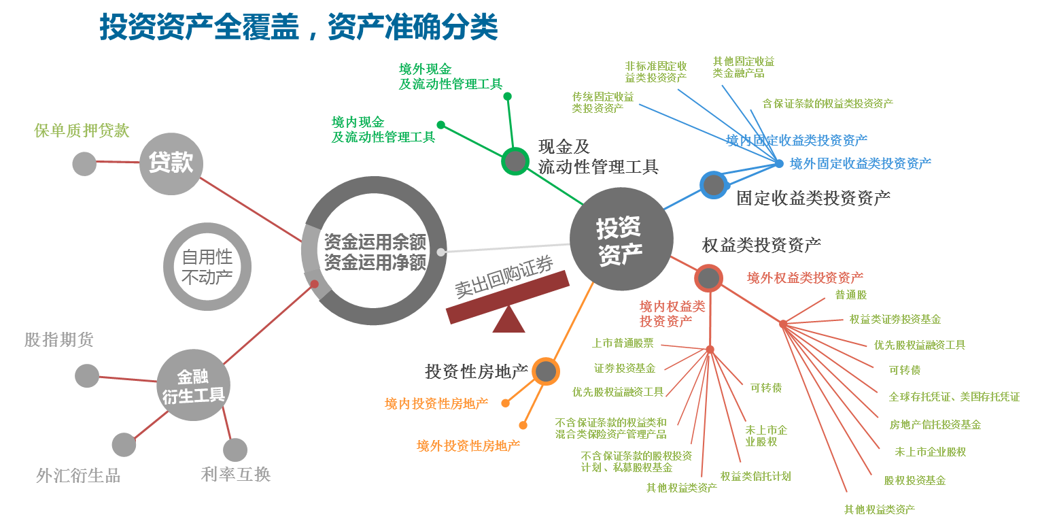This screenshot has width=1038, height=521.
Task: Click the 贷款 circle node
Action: point(171,163)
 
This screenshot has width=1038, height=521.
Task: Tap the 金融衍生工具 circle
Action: point(194,386)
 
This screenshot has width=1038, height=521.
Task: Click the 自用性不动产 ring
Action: point(207,267)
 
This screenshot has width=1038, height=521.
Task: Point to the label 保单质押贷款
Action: point(82,131)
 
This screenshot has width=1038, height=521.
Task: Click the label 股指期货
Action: point(59,339)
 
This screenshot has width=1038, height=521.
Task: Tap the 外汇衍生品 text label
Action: point(78,476)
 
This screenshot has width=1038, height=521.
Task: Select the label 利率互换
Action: point(236,474)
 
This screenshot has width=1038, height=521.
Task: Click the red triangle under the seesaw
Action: point(508,320)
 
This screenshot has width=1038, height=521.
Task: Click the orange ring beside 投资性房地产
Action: point(545,371)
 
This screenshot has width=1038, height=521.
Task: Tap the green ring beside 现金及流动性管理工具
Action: point(515,161)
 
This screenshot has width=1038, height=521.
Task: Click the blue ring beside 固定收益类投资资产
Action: point(714,184)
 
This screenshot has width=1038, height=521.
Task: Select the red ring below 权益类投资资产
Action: point(708,278)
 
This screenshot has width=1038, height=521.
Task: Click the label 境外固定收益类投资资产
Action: point(861,163)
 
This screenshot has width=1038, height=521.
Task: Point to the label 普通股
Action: point(851,295)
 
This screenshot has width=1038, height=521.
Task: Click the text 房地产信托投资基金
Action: point(935,424)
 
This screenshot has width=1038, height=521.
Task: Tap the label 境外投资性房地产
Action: point(468,446)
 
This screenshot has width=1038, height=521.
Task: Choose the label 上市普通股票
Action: point(623,343)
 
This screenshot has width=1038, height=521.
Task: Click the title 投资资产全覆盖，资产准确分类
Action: point(299,27)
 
